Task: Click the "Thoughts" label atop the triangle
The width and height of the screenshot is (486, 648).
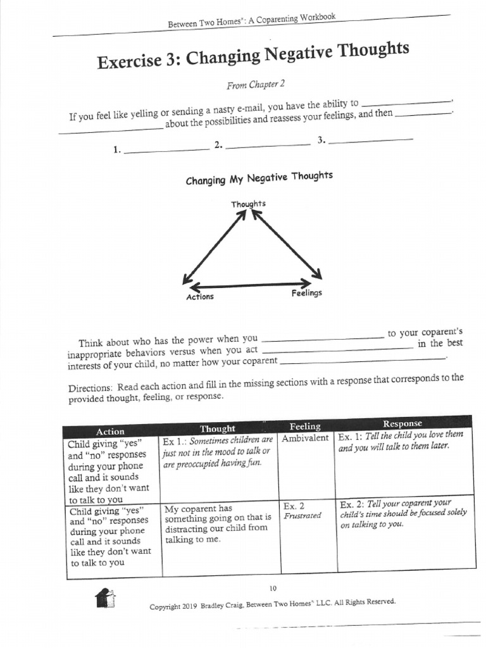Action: click(248, 203)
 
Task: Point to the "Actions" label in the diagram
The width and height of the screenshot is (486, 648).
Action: click(199, 297)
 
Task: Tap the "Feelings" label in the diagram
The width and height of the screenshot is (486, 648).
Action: click(306, 293)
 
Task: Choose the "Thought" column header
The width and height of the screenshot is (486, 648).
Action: click(217, 428)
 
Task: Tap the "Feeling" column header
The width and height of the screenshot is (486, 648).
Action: click(305, 426)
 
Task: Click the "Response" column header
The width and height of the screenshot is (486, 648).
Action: click(403, 423)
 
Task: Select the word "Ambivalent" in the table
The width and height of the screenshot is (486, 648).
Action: click(305, 438)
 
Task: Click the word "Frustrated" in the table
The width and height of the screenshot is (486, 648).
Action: click(302, 516)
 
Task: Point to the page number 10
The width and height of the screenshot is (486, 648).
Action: click(273, 588)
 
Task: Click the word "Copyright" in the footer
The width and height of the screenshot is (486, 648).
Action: click(165, 607)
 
